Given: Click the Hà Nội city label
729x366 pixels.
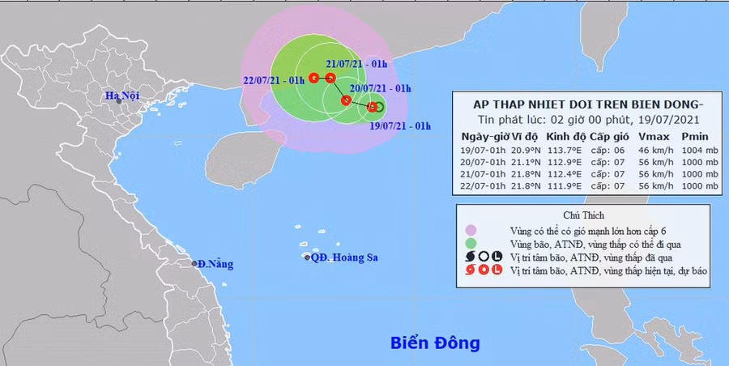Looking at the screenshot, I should point(122,96).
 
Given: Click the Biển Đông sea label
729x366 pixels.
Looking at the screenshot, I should point(433,343).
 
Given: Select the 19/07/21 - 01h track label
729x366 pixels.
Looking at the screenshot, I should point(399,126).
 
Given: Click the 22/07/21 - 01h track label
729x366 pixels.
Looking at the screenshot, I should point(274,80).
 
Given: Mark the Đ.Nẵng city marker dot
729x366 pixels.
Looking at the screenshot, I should point(195,263).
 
